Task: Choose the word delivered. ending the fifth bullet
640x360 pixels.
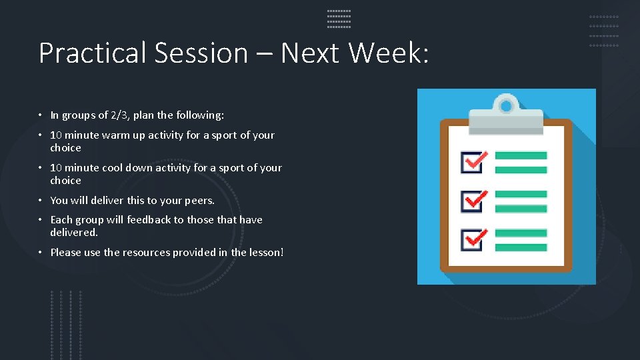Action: pyautogui.click(x=74, y=233)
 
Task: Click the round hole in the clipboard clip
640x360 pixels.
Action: pyautogui.click(x=506, y=105)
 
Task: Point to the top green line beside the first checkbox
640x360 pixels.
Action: pyautogui.click(x=521, y=155)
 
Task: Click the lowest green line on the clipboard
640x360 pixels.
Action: pyautogui.click(x=521, y=247)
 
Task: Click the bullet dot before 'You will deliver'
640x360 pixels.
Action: pyautogui.click(x=41, y=201)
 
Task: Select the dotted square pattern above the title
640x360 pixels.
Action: pyautogui.click(x=339, y=19)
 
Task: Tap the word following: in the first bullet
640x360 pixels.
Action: pyautogui.click(x=200, y=115)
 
